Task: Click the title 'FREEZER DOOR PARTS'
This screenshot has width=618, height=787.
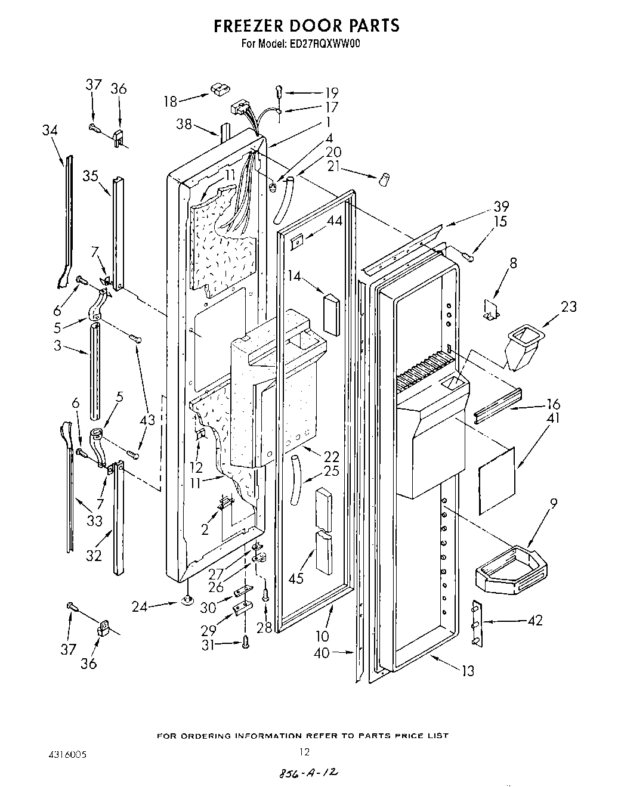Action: [307, 26]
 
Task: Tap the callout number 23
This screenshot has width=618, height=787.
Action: [568, 307]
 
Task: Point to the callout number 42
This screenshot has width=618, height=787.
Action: [534, 621]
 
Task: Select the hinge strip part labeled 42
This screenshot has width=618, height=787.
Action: [475, 624]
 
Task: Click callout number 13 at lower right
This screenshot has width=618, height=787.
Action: [468, 671]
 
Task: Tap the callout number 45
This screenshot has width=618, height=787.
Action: [296, 578]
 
